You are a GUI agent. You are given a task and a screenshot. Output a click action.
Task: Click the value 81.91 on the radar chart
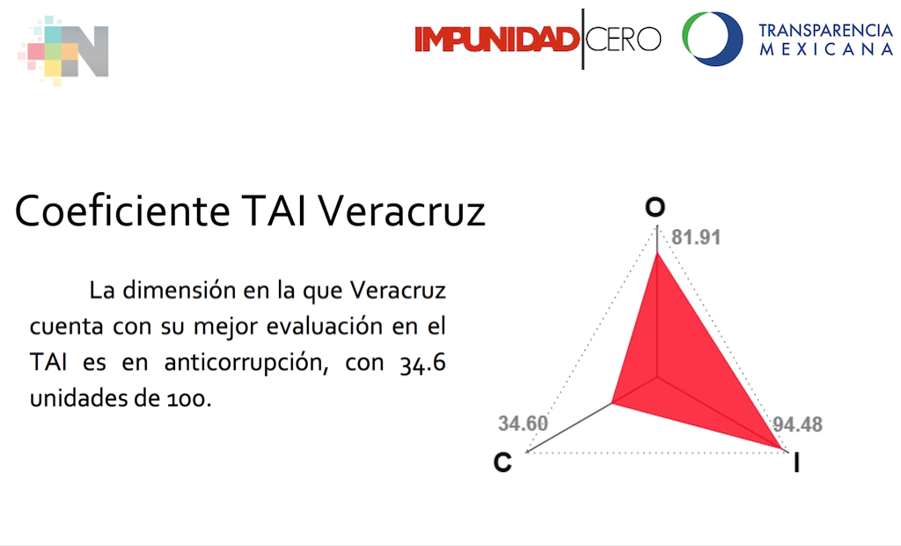point(696,238)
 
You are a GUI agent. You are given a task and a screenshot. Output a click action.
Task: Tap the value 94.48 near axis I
point(797,424)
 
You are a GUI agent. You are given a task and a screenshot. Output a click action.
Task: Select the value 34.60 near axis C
point(523,424)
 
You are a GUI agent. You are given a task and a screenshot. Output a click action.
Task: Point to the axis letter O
point(655,208)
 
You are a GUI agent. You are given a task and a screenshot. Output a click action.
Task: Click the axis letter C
point(502,461)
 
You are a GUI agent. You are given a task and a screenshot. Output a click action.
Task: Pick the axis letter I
point(795,463)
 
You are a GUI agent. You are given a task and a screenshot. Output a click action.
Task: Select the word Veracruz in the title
point(401,211)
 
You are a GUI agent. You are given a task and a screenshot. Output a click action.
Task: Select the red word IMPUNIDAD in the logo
point(496,40)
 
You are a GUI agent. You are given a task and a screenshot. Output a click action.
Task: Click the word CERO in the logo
point(623,40)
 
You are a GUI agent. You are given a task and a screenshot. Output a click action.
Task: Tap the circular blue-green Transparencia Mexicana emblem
point(712,40)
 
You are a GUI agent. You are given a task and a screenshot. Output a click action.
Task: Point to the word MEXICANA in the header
point(825,50)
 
